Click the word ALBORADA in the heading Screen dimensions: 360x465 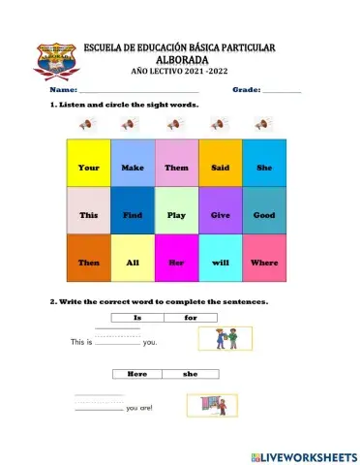[180, 59]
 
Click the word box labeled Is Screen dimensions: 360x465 [137, 318]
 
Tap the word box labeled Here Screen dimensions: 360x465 [137, 373]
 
